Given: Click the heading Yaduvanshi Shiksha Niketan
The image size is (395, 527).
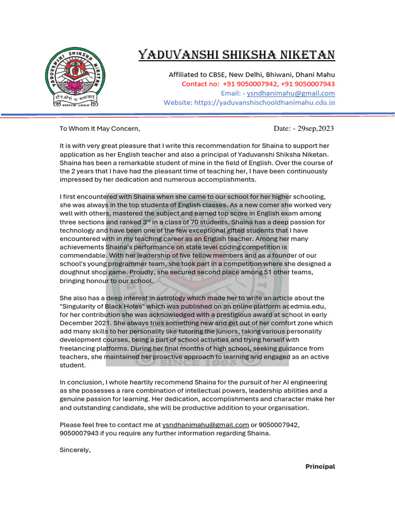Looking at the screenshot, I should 237,55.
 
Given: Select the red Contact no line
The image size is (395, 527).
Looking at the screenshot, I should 258,84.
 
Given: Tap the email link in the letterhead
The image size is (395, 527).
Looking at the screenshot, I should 291,93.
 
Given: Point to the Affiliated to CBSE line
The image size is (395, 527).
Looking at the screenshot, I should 252,75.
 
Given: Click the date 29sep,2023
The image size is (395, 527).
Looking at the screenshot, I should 314,128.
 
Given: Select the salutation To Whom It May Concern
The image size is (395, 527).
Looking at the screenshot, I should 100,129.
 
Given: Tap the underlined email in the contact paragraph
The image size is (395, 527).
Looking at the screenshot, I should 206,425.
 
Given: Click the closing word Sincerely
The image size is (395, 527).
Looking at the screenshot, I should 75,450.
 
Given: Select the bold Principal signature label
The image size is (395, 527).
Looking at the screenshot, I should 320,467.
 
